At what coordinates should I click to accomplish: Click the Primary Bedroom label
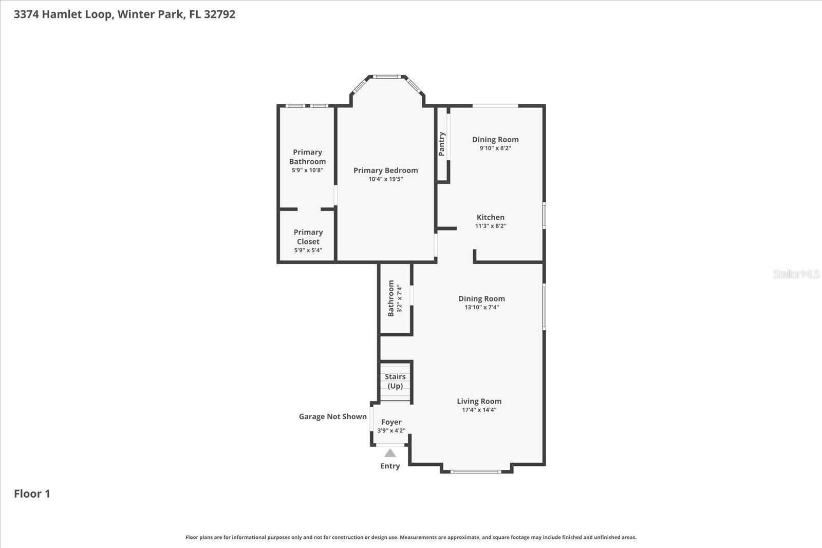tap(386, 170)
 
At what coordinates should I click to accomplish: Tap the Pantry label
tap(442, 144)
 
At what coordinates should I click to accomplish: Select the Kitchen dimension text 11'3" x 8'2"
tap(491, 226)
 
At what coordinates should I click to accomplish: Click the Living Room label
tap(479, 401)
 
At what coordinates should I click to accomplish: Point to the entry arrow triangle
tap(390, 453)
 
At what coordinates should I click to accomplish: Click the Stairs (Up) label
tap(395, 381)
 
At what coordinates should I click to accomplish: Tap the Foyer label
tap(391, 422)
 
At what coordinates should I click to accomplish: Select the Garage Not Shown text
tap(333, 417)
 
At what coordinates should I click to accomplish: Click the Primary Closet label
tap(308, 237)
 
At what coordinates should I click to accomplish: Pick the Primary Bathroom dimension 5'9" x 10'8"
tap(308, 170)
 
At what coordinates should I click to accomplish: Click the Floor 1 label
tap(32, 494)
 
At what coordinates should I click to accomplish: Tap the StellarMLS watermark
tap(796, 274)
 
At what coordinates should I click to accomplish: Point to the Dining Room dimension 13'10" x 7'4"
tap(482, 307)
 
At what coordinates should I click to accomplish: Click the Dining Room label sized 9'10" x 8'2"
tap(495, 139)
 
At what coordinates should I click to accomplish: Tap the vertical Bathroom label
tap(391, 298)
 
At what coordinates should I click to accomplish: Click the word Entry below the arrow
tap(390, 466)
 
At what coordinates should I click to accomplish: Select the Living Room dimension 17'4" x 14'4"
tap(479, 410)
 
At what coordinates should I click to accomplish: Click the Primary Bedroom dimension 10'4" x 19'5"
tap(386, 179)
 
